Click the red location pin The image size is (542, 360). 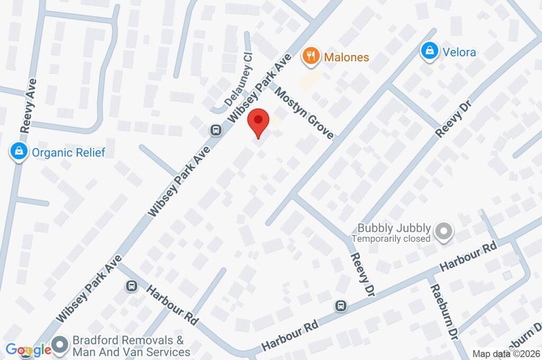click(x=258, y=122)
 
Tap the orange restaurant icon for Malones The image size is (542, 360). click(x=311, y=56)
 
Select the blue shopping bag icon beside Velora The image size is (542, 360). click(x=429, y=51)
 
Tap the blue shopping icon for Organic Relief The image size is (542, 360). click(x=19, y=152)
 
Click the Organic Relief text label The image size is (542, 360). click(x=68, y=153)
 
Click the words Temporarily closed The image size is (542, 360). click(x=391, y=239)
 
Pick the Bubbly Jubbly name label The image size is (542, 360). click(x=394, y=228)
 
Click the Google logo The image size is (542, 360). click(x=28, y=349)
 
